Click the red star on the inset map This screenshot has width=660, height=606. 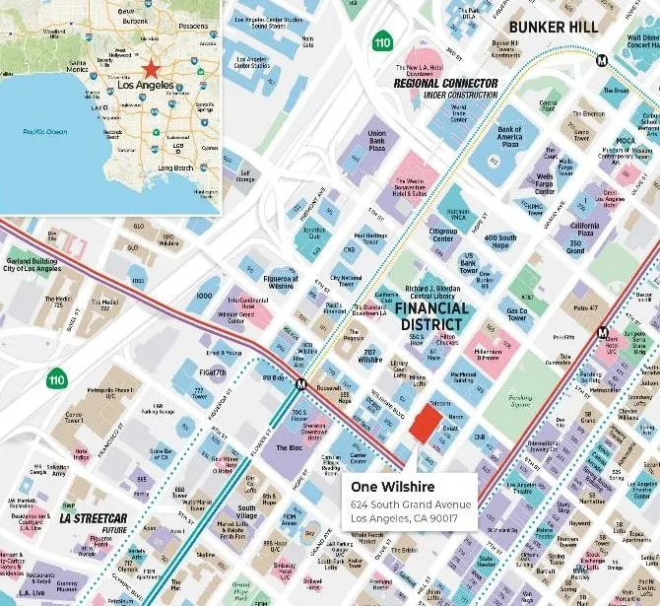pos(151,69)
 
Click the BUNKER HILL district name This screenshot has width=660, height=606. pos(554,27)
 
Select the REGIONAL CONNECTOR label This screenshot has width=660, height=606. pos(445,83)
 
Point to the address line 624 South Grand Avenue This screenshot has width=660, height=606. pos(411,505)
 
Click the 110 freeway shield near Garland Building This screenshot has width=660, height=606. pos(56,377)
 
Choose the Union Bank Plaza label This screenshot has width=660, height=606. pos(376,139)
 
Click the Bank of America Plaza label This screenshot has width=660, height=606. pos(509,136)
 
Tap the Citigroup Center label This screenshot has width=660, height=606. pos(443,235)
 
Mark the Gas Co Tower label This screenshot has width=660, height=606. pos(517,314)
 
